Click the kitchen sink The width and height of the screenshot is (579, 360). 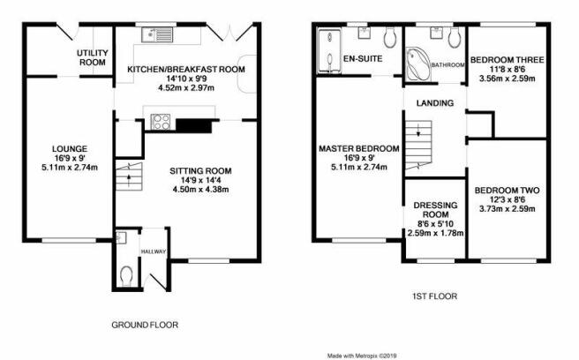click(157, 34)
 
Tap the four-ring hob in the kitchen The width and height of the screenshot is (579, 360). click(161, 122)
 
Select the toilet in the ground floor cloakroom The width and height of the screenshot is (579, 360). click(126, 276)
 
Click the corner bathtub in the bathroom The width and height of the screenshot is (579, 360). click(418, 64)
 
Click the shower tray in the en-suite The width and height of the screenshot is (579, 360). click(329, 51)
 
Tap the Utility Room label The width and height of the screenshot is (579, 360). click(93, 57)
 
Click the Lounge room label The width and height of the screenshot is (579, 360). click(70, 149)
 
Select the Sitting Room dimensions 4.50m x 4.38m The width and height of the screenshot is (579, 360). click(200, 190)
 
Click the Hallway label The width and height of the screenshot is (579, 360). click(154, 251)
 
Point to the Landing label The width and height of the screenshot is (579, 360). click(435, 103)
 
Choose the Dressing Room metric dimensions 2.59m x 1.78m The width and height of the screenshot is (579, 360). click(435, 233)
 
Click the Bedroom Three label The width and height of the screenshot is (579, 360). click(507, 60)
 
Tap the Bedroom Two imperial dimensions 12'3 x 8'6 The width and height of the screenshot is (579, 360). click(507, 199)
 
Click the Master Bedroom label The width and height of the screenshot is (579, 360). click(359, 148)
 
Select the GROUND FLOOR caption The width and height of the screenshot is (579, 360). click(145, 325)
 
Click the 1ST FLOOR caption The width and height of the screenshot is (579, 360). click(434, 296)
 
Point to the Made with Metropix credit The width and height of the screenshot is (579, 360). click(362, 356)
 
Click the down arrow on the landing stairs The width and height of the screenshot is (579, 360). click(418, 131)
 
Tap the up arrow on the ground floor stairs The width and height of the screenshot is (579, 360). click(129, 179)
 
